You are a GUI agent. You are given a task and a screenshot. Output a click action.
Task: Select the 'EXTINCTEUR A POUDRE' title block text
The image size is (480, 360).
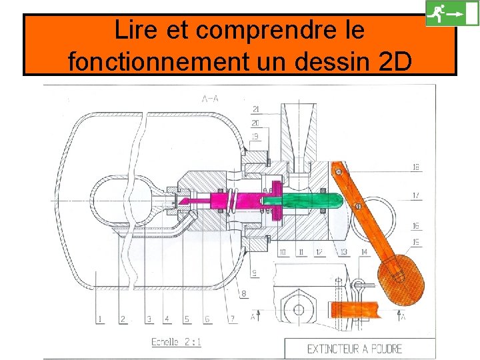click(x=354, y=348)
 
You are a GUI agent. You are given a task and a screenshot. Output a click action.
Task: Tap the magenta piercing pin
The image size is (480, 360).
click(x=220, y=199)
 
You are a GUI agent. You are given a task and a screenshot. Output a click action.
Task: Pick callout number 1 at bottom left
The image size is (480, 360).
click(x=100, y=319)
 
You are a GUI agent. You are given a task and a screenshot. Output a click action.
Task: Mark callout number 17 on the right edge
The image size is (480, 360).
click(x=417, y=195)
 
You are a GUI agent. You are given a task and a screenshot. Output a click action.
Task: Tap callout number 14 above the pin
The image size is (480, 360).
click(x=363, y=252)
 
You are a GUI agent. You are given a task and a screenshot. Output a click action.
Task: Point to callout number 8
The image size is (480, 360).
click(x=244, y=293)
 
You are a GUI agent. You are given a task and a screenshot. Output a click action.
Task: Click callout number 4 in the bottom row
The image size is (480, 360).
click(x=167, y=319)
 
